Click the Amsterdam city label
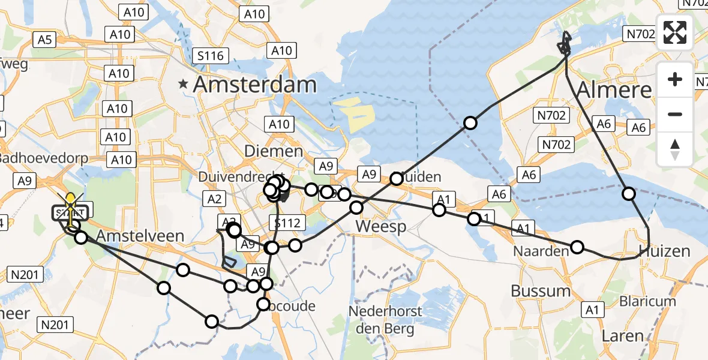[254, 85]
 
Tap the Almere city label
[613, 90]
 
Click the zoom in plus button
[675, 79]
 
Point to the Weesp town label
[381, 227]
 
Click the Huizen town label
[664, 251]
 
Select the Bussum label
[541, 291]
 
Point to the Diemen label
[274, 151]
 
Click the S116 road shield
[211, 56]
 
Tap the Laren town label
[622, 336]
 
